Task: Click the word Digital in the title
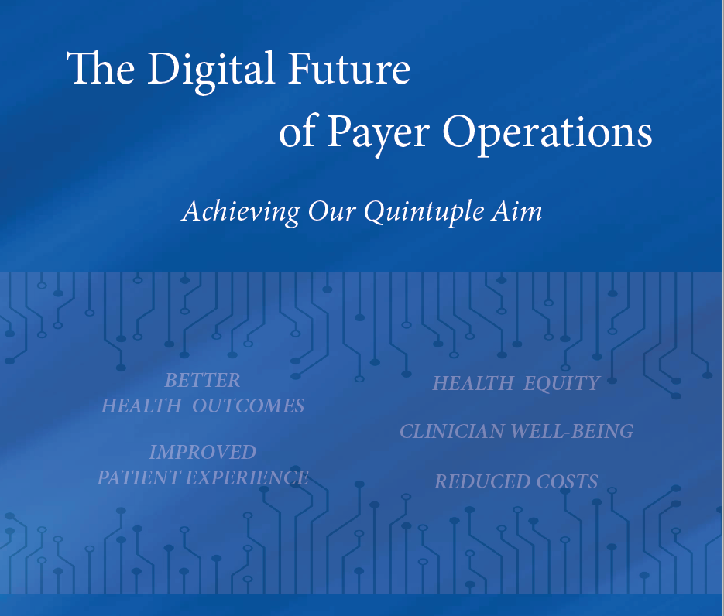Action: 211,71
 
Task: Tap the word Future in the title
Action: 349,67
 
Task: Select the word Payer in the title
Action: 378,134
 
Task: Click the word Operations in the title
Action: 547,134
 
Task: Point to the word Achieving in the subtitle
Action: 241,212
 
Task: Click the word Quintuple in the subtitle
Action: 424,212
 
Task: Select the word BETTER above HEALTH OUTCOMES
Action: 202,381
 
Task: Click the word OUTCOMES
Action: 248,406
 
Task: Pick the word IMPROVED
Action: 202,452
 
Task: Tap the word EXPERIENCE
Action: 247,477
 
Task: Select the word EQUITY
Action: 561,383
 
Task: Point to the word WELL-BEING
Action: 572,431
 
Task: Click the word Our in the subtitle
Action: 331,212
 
